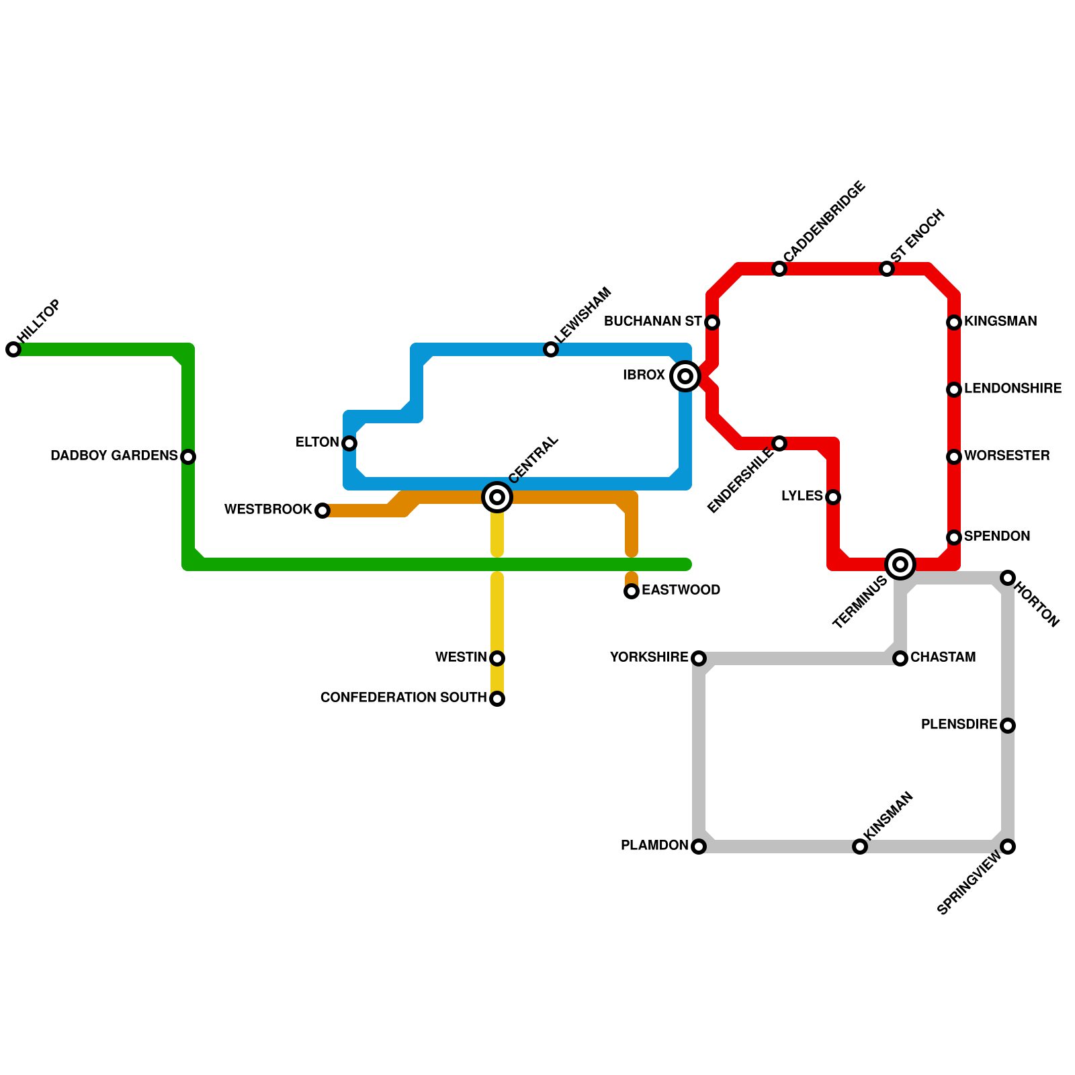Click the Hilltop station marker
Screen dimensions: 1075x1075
(x=13, y=349)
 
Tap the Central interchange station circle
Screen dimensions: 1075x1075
(x=497, y=497)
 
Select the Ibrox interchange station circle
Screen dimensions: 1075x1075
(x=685, y=376)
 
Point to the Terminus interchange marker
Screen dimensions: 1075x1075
(x=900, y=564)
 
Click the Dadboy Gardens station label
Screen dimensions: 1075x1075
(x=114, y=456)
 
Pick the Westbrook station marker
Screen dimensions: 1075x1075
(x=322, y=511)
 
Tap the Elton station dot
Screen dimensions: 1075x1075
(x=349, y=443)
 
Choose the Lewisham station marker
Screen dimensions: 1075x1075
(x=551, y=349)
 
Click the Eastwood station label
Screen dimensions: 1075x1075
(x=681, y=591)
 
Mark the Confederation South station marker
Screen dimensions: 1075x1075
(x=497, y=699)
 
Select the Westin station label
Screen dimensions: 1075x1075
(x=461, y=658)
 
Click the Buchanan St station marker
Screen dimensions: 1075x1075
(x=712, y=322)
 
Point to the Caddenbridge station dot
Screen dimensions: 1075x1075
(x=779, y=269)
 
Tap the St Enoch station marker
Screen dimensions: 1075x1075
(x=887, y=269)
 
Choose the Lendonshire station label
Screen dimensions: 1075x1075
(x=1013, y=389)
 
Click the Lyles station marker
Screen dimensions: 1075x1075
(x=833, y=497)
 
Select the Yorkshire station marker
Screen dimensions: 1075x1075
(x=699, y=658)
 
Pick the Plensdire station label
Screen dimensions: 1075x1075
(x=959, y=725)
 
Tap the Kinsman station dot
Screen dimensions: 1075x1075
(x=860, y=847)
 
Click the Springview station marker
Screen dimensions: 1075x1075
(x=1008, y=847)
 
